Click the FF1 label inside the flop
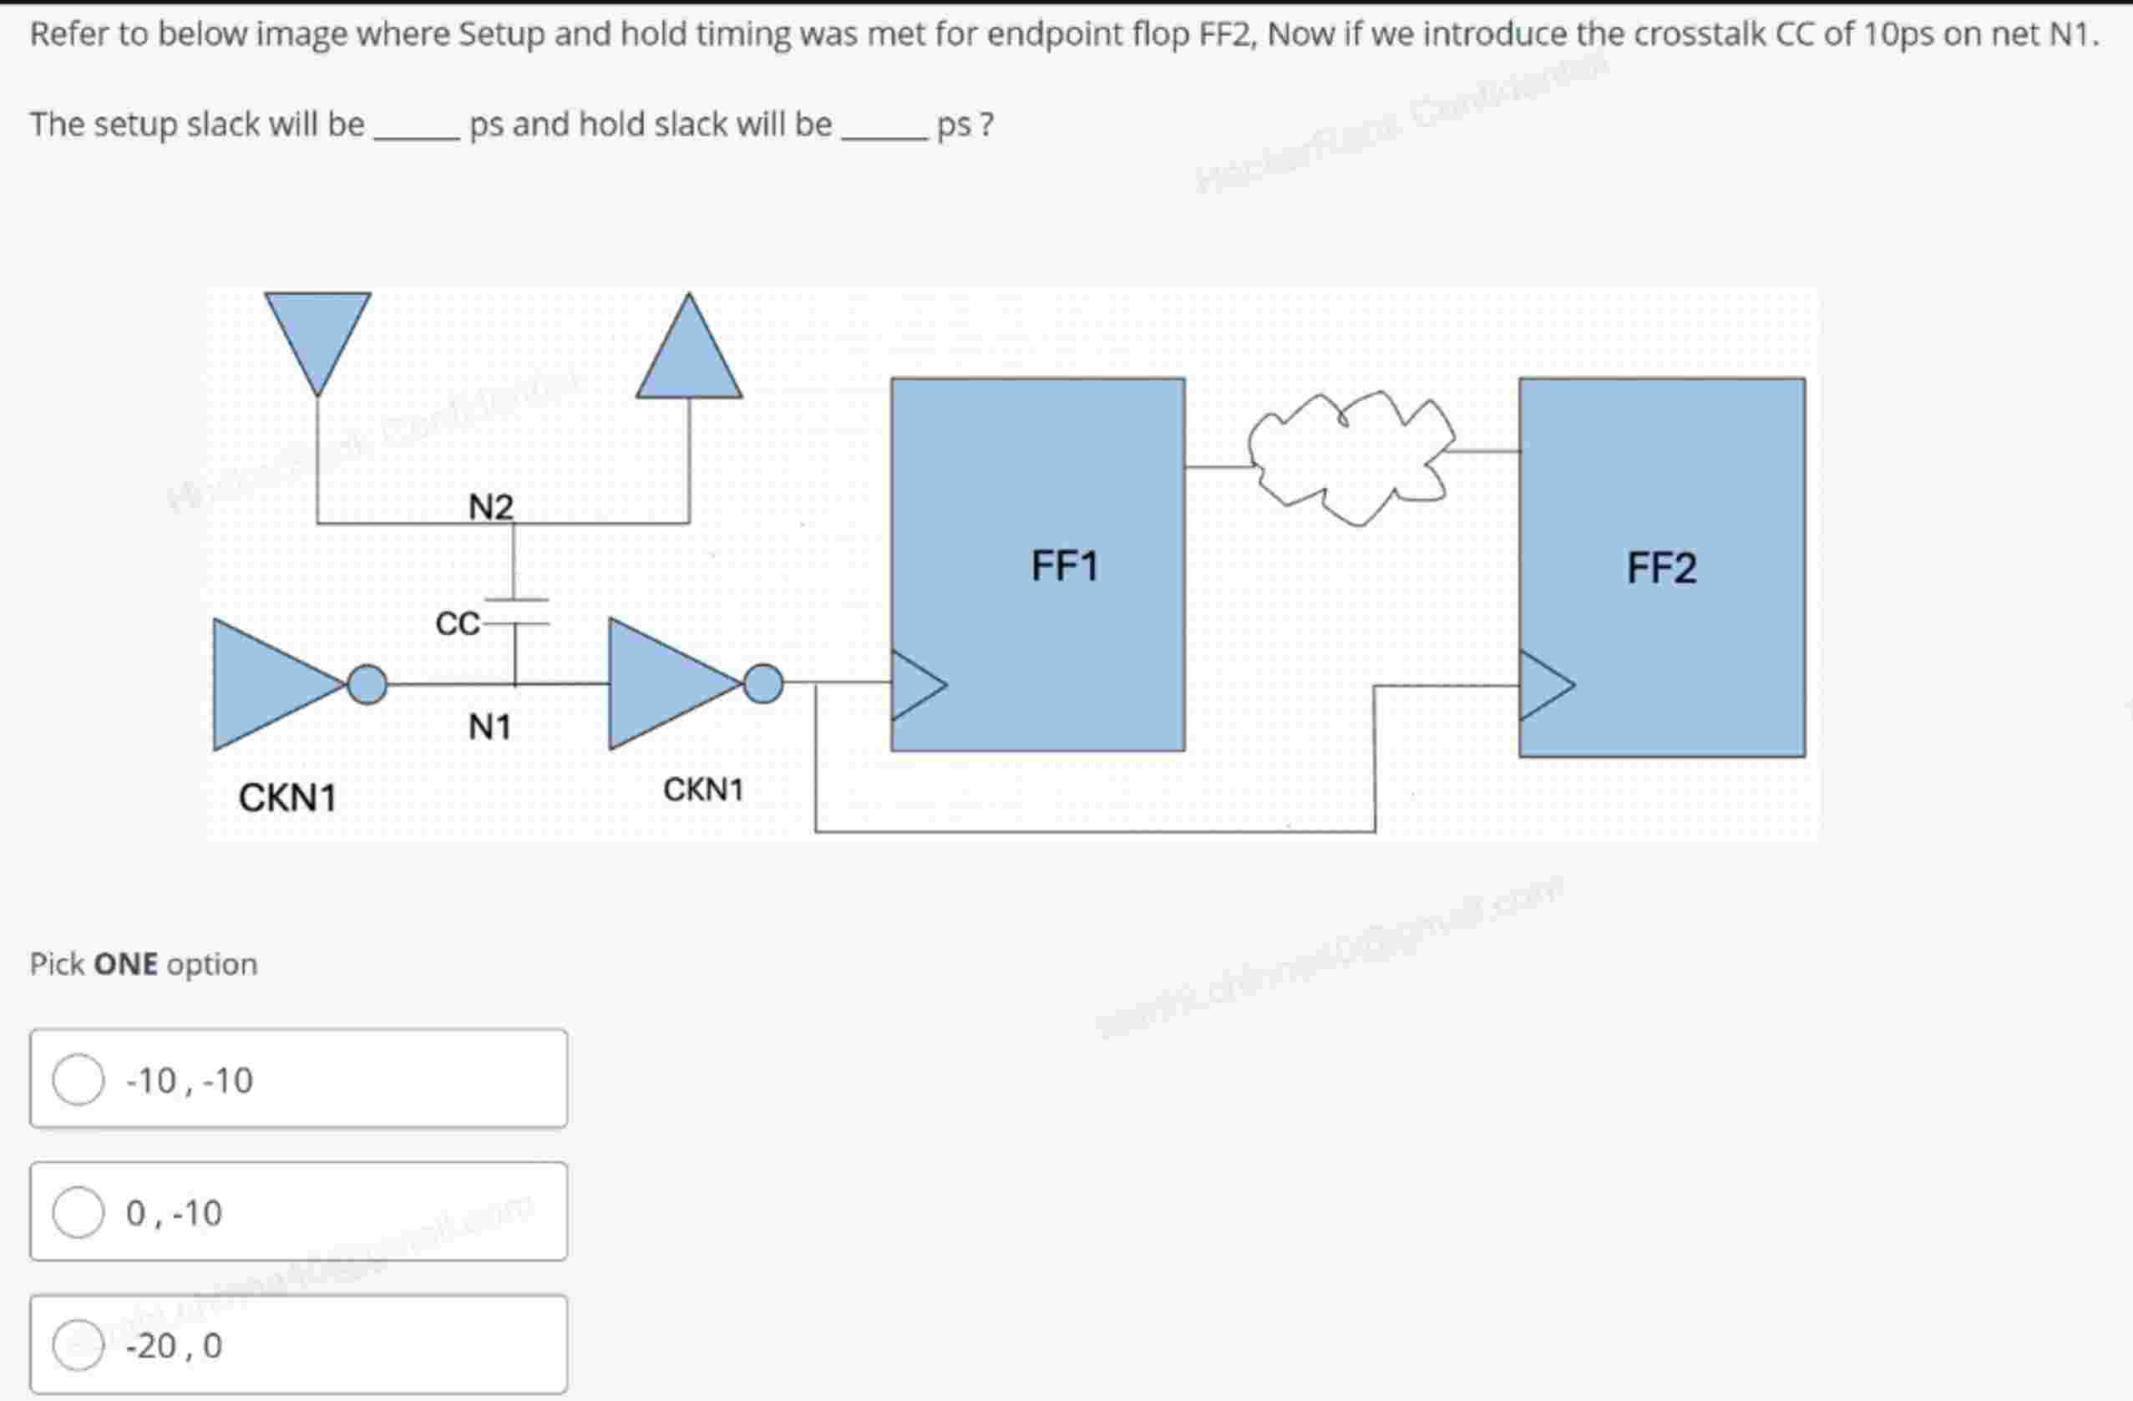(x=1064, y=566)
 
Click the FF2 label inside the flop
(x=1660, y=568)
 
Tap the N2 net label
(x=490, y=507)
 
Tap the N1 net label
(x=489, y=726)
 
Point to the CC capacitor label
(x=457, y=623)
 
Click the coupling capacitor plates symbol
(x=515, y=612)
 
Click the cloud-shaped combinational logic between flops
(x=1350, y=457)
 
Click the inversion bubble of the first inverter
(x=367, y=685)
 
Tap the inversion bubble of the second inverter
(x=763, y=684)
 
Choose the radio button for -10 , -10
(x=78, y=1079)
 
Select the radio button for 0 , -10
(x=78, y=1212)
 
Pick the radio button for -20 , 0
(x=78, y=1344)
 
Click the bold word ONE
(x=125, y=964)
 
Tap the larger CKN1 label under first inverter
(x=286, y=797)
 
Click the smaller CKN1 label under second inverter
(x=703, y=789)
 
